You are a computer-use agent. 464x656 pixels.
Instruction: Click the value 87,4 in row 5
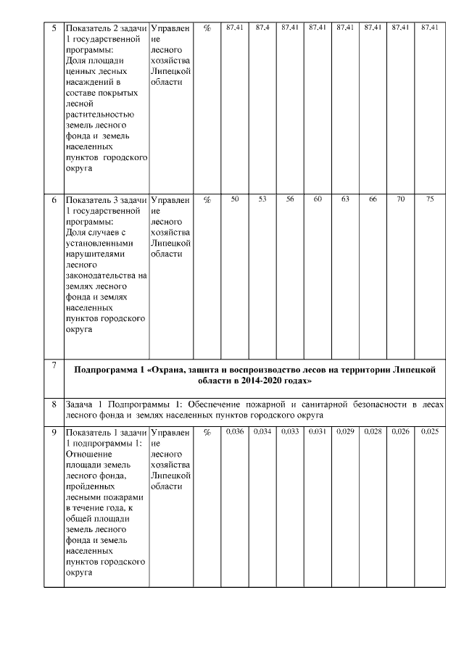(262, 28)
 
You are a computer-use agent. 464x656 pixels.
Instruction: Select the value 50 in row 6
(234, 199)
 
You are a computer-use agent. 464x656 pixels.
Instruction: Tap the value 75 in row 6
(430, 199)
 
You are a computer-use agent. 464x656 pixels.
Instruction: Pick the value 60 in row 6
(317, 199)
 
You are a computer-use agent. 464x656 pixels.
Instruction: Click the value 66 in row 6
(373, 199)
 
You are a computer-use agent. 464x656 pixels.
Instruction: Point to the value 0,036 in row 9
(234, 432)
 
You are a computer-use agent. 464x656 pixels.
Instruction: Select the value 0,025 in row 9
(430, 432)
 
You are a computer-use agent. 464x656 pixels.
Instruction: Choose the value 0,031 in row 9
(317, 432)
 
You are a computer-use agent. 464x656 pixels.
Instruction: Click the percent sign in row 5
(207, 28)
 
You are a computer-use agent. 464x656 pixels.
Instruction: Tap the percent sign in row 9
(207, 433)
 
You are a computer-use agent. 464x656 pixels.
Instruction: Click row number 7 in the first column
(54, 365)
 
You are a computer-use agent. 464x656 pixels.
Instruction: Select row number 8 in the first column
(54, 404)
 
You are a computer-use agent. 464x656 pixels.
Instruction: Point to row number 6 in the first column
(54, 199)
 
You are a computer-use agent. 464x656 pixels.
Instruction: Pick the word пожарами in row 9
(126, 497)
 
